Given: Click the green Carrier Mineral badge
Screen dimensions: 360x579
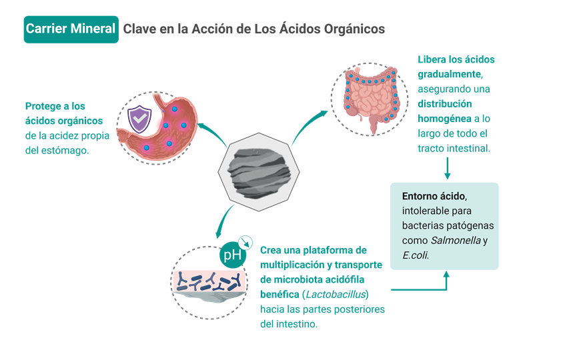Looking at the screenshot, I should pos(71,29).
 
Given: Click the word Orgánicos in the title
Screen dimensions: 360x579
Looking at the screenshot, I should pos(353,29).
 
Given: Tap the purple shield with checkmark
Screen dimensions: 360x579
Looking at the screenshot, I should pos(139,119).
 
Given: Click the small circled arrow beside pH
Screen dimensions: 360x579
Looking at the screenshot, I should pos(247,242).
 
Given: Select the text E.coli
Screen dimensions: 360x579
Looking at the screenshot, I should pos(415,255).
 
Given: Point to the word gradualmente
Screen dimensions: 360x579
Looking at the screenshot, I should pos(449,74).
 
